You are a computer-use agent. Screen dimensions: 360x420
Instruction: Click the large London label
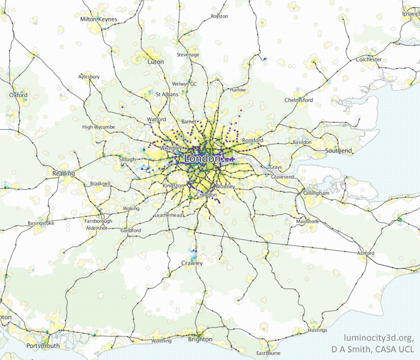click(202, 159)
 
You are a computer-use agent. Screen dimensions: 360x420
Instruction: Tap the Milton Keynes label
click(98, 19)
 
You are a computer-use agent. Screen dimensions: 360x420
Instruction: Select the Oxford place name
click(19, 95)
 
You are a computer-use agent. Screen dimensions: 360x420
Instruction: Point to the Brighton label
click(200, 339)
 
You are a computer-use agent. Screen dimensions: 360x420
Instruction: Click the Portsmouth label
click(43, 346)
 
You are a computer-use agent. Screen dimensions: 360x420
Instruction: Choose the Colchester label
click(368, 59)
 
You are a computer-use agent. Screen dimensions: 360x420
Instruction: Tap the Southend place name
click(338, 150)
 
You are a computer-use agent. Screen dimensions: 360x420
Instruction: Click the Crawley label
click(192, 263)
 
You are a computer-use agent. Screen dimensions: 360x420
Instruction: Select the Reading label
click(63, 173)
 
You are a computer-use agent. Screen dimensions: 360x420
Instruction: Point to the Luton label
click(155, 62)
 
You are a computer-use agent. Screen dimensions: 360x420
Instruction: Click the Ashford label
click(365, 253)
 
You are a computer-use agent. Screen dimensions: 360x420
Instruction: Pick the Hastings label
click(317, 330)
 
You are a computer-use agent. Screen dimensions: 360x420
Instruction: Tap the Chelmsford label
click(299, 100)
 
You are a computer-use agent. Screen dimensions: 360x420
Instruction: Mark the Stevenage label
click(188, 55)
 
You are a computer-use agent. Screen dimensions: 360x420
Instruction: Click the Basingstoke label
click(41, 223)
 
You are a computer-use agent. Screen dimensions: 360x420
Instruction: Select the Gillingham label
click(316, 193)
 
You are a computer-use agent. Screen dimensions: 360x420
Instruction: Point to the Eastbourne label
click(268, 353)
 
